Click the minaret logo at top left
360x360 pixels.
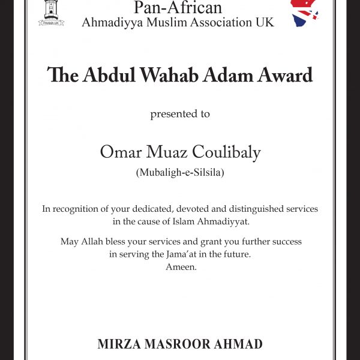[x=51, y=12]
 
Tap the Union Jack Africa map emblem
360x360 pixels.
[x=305, y=12]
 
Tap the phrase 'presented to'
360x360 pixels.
[x=180, y=113]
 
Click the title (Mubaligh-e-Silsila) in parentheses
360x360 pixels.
[x=180, y=173]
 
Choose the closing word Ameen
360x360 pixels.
[x=179, y=265]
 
